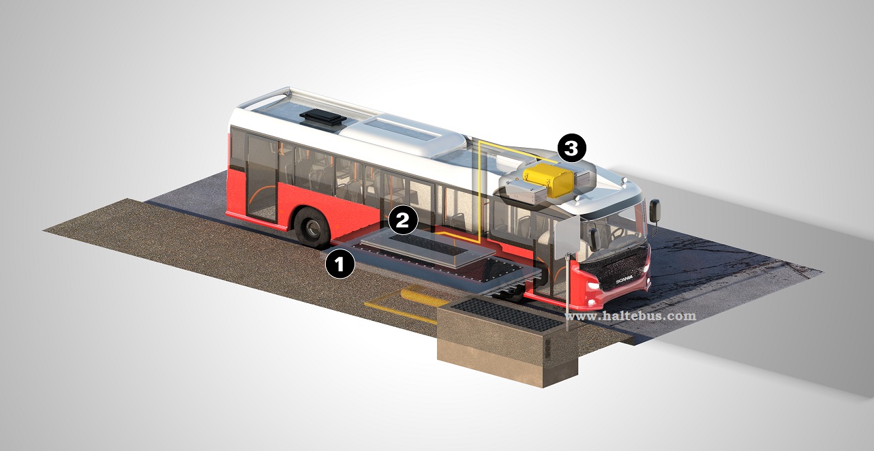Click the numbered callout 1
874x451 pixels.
tap(340, 264)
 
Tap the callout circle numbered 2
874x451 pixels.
tap(403, 220)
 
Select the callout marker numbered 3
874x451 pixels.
tap(571, 148)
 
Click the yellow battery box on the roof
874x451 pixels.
tap(549, 180)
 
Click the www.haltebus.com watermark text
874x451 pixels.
tap(631, 315)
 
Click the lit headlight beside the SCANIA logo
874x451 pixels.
tap(593, 287)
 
